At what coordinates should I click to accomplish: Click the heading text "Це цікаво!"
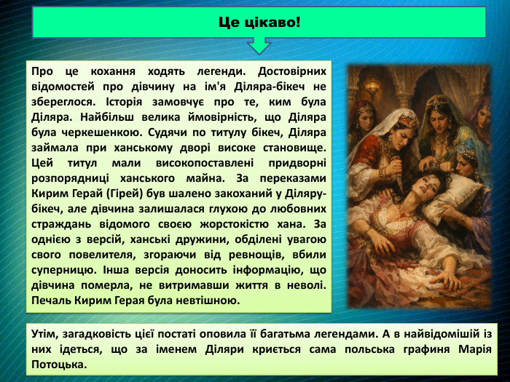[259, 22]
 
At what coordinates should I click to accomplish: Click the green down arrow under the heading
[259, 47]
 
